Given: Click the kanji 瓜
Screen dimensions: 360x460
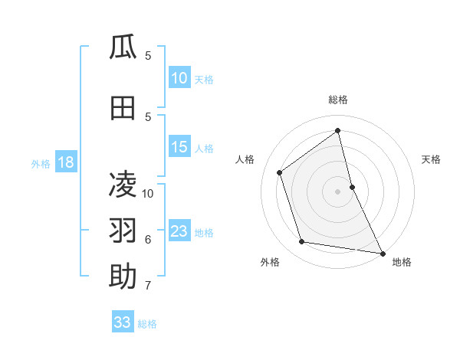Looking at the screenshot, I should point(123,47).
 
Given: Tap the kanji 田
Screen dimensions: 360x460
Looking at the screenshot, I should point(123,109).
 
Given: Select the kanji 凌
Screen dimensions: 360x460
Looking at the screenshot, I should point(123,184).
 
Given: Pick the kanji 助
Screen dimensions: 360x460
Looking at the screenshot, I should point(123,277).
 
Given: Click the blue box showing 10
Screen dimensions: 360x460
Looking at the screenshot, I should point(179,78).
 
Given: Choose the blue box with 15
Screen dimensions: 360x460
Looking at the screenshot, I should point(179,147).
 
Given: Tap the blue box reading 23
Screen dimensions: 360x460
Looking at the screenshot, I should point(179,231).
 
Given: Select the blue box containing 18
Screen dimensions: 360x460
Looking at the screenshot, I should point(65,162).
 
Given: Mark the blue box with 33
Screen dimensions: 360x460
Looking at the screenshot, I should point(123,322).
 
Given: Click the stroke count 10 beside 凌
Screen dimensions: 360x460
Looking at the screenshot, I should point(148,193).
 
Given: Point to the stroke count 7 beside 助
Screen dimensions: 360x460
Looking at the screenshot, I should point(148,286).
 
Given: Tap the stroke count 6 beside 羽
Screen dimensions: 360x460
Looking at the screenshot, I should point(148,239).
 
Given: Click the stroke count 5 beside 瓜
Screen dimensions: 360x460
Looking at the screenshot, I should point(148,56).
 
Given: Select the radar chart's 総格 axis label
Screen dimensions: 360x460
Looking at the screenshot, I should point(337,100).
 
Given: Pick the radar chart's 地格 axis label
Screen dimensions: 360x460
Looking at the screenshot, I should point(402,262).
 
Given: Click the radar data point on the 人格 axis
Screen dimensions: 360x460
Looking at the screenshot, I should point(280,172).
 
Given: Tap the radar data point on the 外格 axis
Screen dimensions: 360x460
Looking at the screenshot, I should point(302,242).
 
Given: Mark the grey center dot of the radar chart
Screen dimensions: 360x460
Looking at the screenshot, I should point(337,191).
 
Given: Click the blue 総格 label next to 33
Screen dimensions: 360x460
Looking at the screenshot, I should point(147,324).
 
